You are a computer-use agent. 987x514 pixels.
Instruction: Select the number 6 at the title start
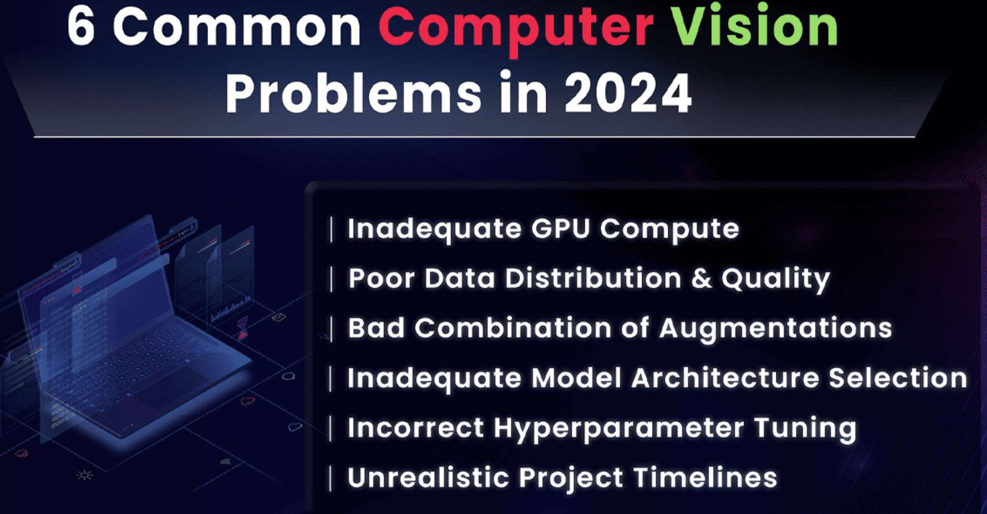click(81, 27)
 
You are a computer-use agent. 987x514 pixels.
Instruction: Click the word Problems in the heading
click(353, 93)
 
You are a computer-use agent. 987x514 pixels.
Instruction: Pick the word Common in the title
click(236, 27)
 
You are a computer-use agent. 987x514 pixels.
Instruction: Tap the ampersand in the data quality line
click(701, 278)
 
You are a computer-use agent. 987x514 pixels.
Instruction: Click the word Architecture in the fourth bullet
click(725, 378)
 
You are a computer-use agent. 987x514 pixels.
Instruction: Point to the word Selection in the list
click(898, 378)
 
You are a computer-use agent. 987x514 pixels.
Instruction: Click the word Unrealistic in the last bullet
click(427, 478)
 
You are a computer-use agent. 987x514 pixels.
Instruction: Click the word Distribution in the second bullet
click(593, 278)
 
